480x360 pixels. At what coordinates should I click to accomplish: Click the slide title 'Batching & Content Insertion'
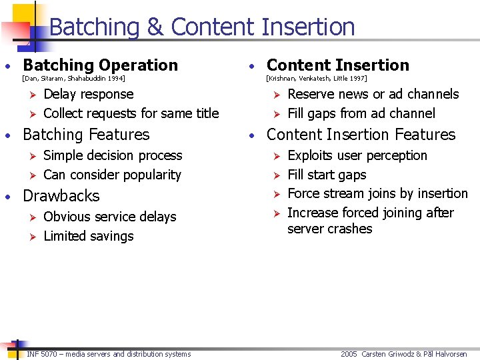(201, 27)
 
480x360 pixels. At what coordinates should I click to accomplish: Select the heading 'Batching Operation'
(100, 65)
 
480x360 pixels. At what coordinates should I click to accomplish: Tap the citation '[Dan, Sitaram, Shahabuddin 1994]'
(73, 79)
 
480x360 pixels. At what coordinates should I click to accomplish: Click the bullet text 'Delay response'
(88, 95)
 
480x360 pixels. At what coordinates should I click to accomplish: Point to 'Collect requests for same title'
(131, 113)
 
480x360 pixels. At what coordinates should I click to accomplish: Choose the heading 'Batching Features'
(86, 135)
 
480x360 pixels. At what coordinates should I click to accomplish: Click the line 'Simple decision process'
(112, 155)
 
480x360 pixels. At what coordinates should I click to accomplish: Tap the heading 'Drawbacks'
(61, 196)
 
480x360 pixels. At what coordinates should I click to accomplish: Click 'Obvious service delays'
(109, 217)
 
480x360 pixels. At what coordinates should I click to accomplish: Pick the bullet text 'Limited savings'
(88, 236)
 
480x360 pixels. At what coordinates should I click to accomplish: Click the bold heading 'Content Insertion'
(337, 65)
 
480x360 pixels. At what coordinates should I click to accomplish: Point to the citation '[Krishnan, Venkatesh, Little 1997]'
(317, 79)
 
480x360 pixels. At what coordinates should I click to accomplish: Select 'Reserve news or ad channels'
(373, 95)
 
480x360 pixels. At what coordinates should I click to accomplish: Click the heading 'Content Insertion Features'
(361, 135)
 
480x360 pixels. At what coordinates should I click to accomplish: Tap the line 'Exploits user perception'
(357, 155)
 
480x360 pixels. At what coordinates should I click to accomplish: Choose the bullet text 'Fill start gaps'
(327, 175)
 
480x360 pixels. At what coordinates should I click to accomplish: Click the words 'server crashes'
(329, 229)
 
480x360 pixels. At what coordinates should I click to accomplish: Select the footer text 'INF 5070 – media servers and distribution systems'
(109, 354)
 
